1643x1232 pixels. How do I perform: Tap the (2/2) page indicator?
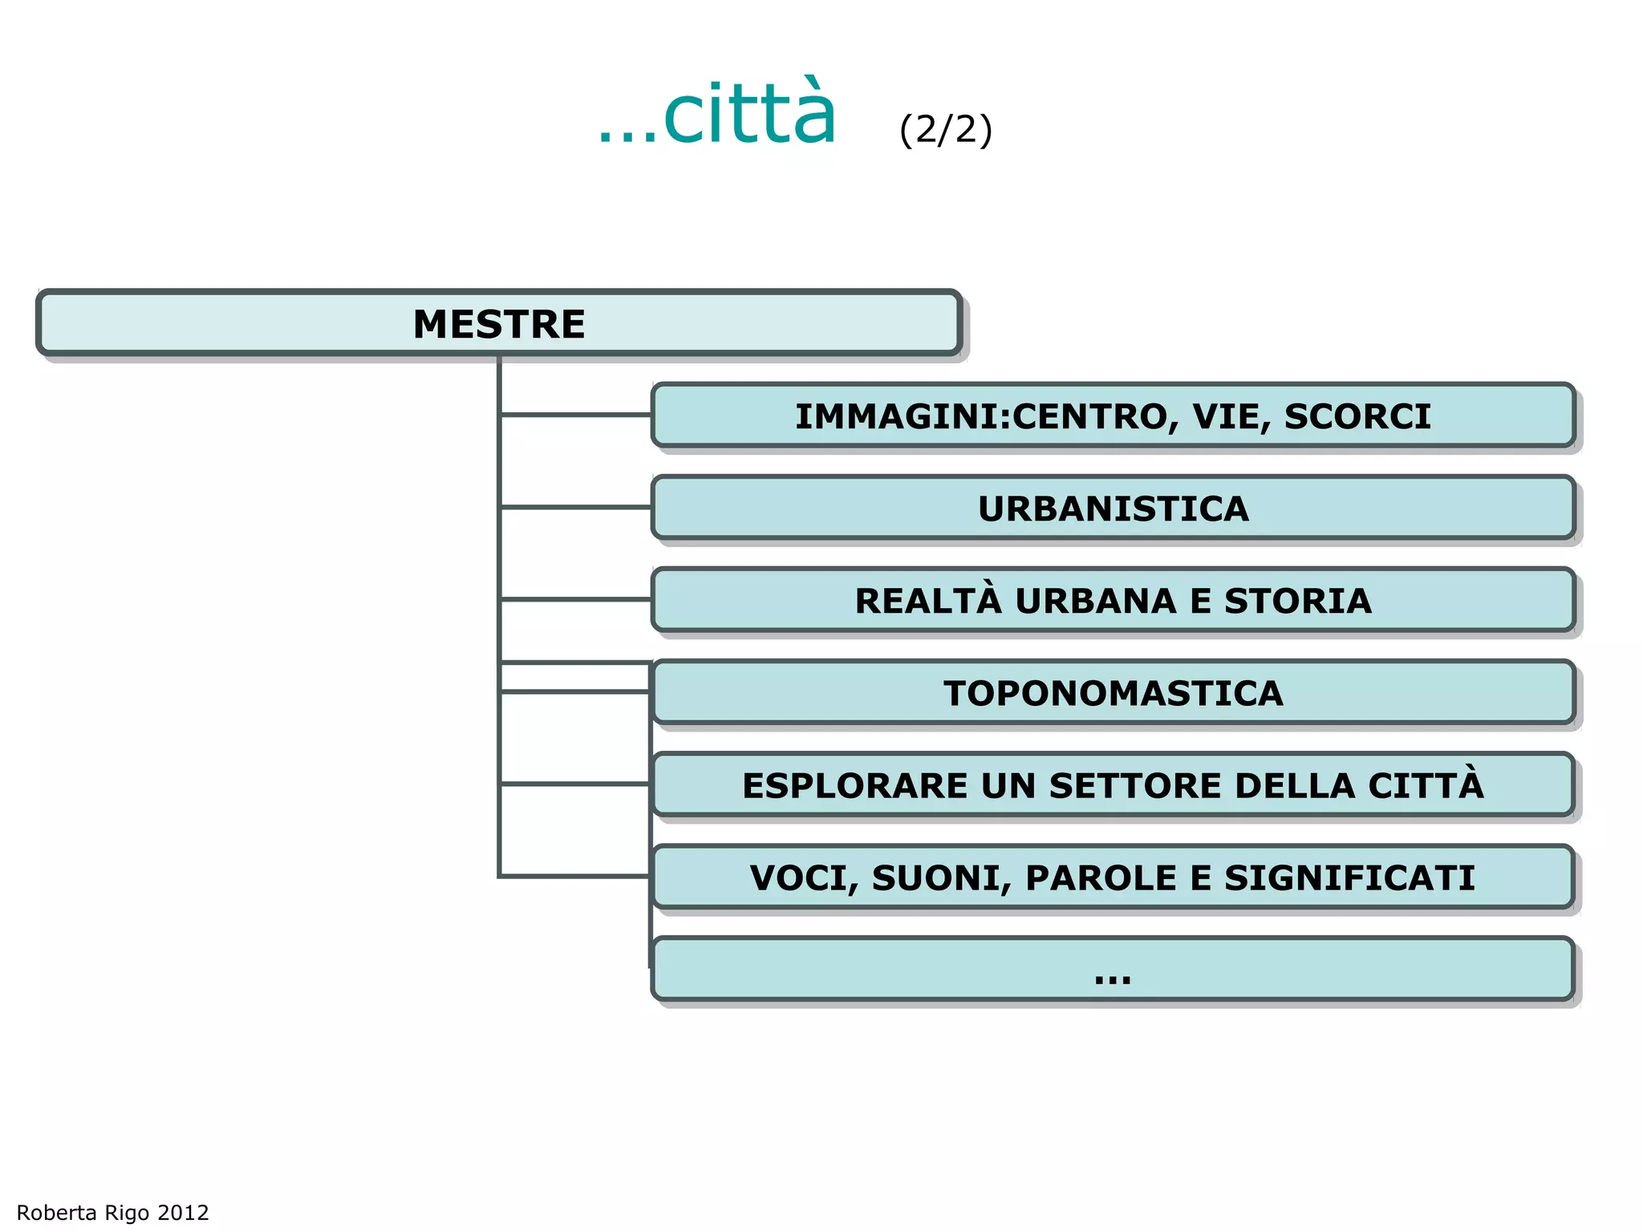(946, 129)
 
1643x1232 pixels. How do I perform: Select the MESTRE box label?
(499, 324)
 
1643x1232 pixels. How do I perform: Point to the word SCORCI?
(1357, 416)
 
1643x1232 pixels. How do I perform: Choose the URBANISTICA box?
(1113, 509)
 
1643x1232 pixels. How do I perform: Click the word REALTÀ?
(928, 601)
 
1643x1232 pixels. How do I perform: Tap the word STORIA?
(1297, 601)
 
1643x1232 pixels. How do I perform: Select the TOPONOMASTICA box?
(1113, 693)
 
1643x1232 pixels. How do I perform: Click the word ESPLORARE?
(854, 785)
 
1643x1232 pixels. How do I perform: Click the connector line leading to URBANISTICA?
(575, 507)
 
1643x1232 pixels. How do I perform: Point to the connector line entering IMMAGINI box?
(575, 415)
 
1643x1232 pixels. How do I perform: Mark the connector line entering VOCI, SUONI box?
(574, 876)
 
